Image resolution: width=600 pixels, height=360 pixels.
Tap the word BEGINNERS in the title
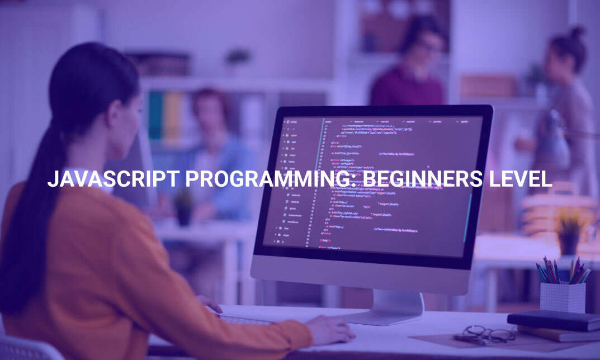(x=420, y=179)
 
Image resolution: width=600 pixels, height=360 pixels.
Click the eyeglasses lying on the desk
(x=487, y=334)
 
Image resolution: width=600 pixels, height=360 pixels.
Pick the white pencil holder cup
(x=562, y=297)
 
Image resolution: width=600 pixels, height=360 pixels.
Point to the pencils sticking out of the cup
(x=561, y=271)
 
